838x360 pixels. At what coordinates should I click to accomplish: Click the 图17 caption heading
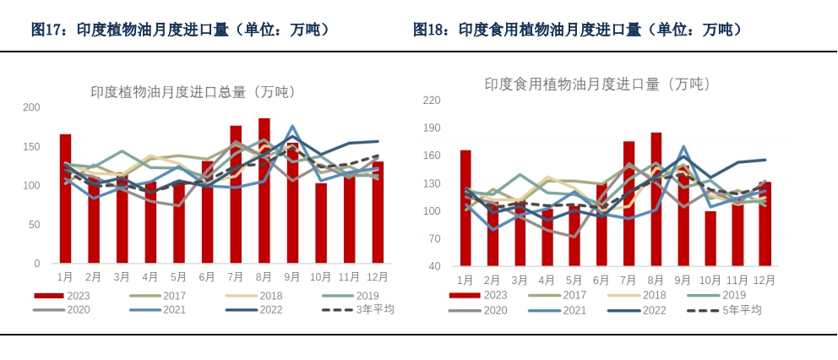coord(180,30)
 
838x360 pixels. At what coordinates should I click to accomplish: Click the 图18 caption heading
coord(578,30)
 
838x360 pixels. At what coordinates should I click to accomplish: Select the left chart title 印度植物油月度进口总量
coord(193,92)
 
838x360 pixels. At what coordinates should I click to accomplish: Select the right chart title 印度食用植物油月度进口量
coord(597,84)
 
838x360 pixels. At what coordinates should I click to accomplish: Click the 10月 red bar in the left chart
coord(321,223)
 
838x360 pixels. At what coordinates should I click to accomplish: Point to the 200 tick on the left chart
coord(31,107)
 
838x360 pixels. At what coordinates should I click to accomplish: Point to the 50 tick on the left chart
coord(34,225)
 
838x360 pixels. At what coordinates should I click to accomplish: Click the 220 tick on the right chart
coord(432,100)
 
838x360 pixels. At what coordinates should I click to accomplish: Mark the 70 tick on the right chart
coord(434,239)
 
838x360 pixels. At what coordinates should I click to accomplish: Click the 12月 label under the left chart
coord(378,276)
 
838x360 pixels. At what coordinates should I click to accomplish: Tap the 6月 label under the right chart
coord(601,281)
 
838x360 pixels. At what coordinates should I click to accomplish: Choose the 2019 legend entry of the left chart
coord(367,296)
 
